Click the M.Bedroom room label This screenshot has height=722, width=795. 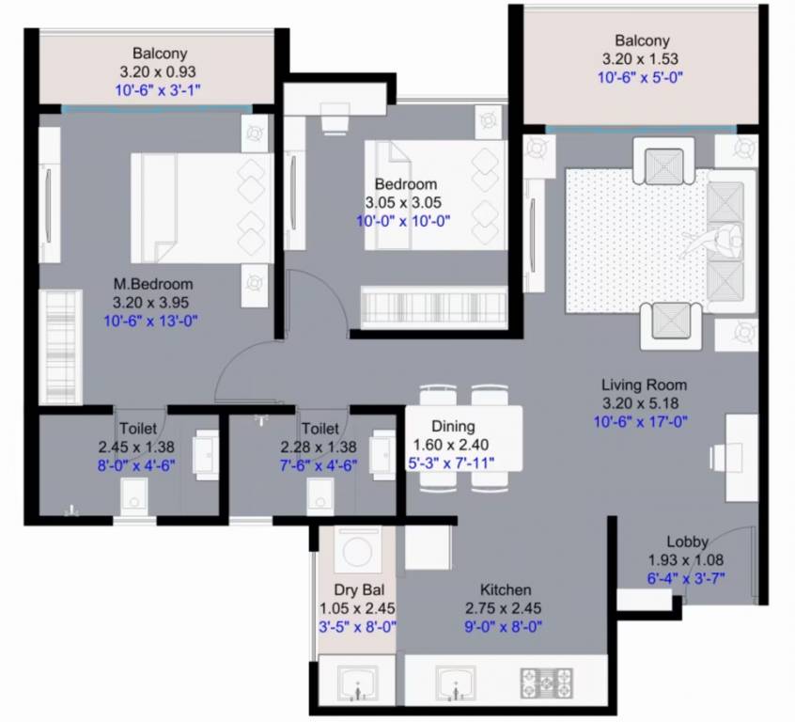[x=153, y=284]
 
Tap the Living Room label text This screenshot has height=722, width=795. [x=644, y=385]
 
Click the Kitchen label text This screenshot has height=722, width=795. [x=507, y=589]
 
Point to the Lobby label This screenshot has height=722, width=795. [x=688, y=541]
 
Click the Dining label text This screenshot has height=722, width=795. [x=453, y=426]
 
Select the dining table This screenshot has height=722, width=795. [x=463, y=436]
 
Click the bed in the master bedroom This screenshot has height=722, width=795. [x=202, y=208]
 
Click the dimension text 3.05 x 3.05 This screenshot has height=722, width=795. [x=403, y=202]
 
